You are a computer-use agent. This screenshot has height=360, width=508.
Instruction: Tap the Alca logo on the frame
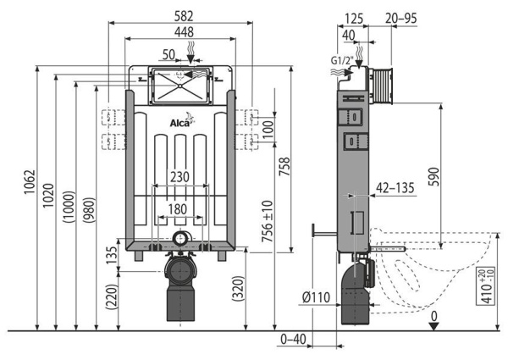[x=180, y=125]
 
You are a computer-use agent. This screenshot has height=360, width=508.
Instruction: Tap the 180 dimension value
[x=179, y=209]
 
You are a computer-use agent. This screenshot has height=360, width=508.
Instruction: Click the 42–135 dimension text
[x=395, y=188]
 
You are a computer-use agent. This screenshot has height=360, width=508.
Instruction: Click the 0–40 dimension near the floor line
[x=293, y=340]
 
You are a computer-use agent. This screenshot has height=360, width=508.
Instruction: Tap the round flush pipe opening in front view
[x=179, y=238]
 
